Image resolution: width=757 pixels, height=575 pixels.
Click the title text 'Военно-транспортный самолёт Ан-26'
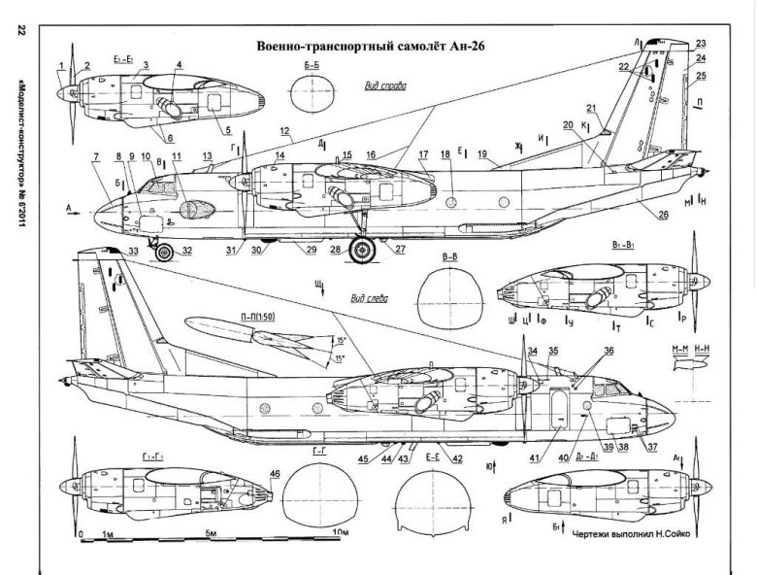point(378,45)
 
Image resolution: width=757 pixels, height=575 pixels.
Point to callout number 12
point(284,130)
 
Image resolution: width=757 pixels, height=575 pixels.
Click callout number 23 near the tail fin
point(700,45)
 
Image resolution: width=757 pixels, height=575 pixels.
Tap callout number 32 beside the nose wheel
point(186,251)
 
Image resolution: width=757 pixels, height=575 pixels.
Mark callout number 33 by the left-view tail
point(134,251)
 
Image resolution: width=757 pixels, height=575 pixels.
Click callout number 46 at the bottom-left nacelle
point(275,474)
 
